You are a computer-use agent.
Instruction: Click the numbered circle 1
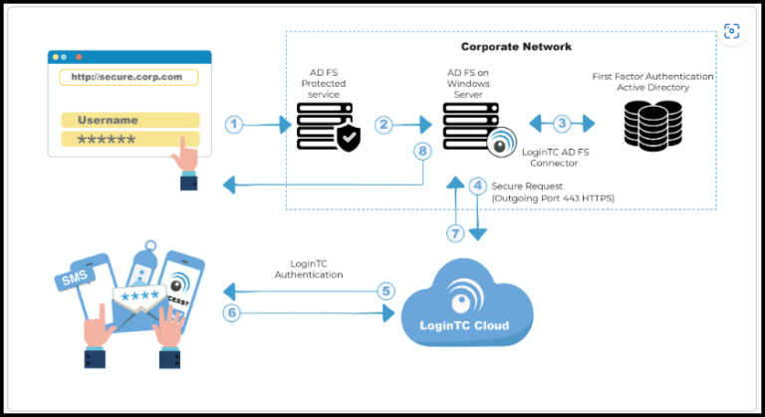coord(233,125)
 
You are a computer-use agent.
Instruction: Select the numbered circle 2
coord(383,125)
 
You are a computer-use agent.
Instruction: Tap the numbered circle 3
coord(562,124)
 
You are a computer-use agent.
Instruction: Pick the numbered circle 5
coord(385,291)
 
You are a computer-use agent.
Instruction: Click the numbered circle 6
coord(232,312)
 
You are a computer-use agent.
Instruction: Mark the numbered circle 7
coord(455,233)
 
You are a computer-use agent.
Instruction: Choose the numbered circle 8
coord(422,152)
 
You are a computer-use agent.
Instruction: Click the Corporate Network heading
coord(516,47)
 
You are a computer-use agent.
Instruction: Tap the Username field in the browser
coord(129,120)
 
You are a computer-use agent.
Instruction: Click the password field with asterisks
coord(129,140)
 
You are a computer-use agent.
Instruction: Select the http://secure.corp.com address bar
coord(128,77)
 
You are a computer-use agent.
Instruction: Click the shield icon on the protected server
coord(348,139)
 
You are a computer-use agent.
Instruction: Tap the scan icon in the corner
coord(733,31)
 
